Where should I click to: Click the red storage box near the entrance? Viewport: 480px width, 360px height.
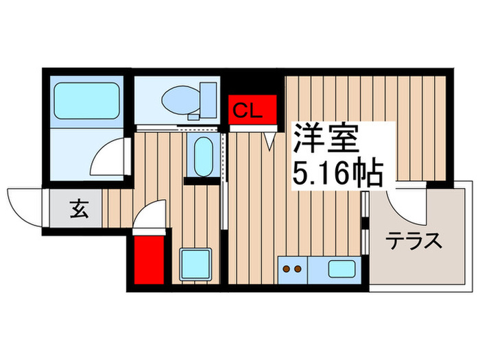(149, 261)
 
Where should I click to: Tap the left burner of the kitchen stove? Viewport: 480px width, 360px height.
(287, 268)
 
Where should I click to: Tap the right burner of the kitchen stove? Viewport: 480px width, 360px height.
(298, 268)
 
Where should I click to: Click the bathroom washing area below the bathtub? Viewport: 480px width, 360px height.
(75, 154)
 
